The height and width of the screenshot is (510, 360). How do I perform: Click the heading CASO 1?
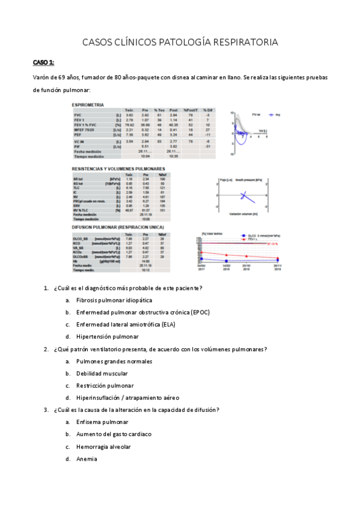43,62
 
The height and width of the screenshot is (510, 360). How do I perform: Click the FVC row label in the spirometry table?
78,115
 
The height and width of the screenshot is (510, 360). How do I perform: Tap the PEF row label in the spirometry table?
78,135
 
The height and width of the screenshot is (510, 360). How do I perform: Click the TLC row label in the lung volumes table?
76,188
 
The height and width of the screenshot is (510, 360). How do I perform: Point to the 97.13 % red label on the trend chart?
272,244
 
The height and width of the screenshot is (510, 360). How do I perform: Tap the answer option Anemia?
87,459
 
